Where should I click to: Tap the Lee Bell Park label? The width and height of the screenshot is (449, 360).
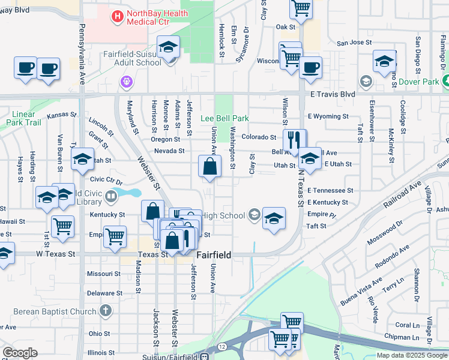(224, 119)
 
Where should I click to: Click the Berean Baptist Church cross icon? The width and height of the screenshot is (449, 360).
(106, 311)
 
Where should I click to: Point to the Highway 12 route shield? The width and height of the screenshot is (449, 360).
(222, 347)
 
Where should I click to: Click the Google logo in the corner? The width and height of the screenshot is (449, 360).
(20, 352)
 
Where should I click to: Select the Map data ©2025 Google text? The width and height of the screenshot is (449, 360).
(411, 355)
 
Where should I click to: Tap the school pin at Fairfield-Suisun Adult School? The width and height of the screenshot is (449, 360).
(169, 47)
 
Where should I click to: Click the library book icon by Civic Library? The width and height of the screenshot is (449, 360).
(110, 196)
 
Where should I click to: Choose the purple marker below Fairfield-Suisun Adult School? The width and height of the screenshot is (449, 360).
(126, 81)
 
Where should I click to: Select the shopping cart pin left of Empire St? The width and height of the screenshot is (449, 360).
(115, 235)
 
